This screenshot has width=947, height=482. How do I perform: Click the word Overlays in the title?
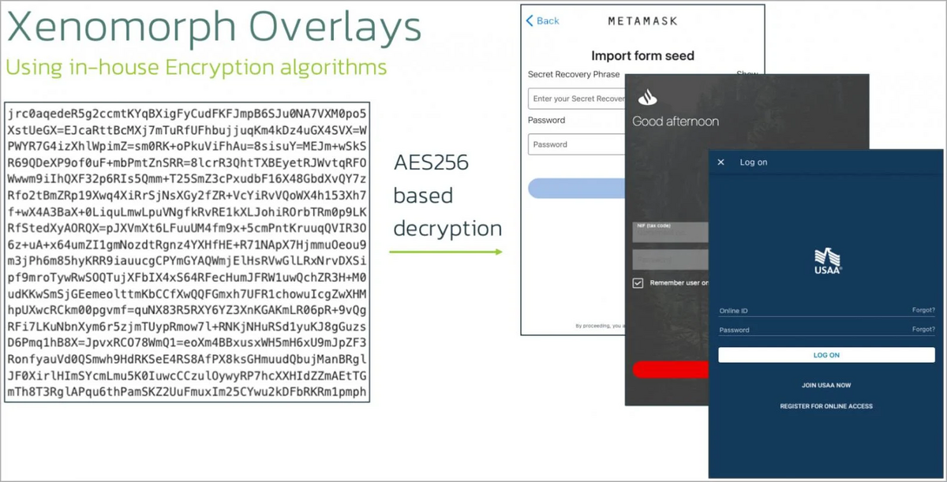(x=332, y=29)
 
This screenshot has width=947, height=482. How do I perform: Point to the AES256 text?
(x=431, y=163)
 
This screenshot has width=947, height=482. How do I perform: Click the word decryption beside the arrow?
(x=447, y=228)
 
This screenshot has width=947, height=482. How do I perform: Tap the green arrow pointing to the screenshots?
(x=446, y=252)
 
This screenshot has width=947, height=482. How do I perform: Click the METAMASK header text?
(x=642, y=21)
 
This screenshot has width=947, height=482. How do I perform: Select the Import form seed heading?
(x=642, y=56)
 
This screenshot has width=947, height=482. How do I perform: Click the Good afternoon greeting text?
(x=676, y=121)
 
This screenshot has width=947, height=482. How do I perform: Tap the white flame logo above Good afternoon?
(x=647, y=98)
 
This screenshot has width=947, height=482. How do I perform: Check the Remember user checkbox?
(x=638, y=282)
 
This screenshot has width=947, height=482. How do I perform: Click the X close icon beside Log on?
(x=721, y=163)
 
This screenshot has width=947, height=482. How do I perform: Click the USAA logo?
(x=827, y=260)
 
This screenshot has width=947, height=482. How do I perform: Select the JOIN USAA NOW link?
(x=826, y=386)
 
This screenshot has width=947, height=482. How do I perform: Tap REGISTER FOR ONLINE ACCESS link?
(x=826, y=406)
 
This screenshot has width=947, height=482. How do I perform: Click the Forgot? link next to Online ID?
(x=923, y=311)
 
